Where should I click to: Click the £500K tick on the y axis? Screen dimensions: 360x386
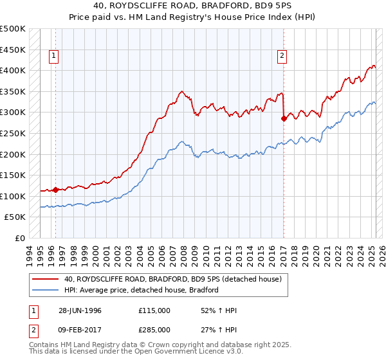coord(13,29)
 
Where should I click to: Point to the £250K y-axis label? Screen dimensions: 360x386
coord(13,133)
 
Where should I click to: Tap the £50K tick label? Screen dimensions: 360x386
coord(15,217)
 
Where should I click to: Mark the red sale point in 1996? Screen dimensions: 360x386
coord(56,190)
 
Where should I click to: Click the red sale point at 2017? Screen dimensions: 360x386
coord(284,118)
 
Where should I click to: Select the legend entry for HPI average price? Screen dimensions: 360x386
coord(142,290)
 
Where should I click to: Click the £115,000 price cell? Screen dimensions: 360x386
coord(154,310)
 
